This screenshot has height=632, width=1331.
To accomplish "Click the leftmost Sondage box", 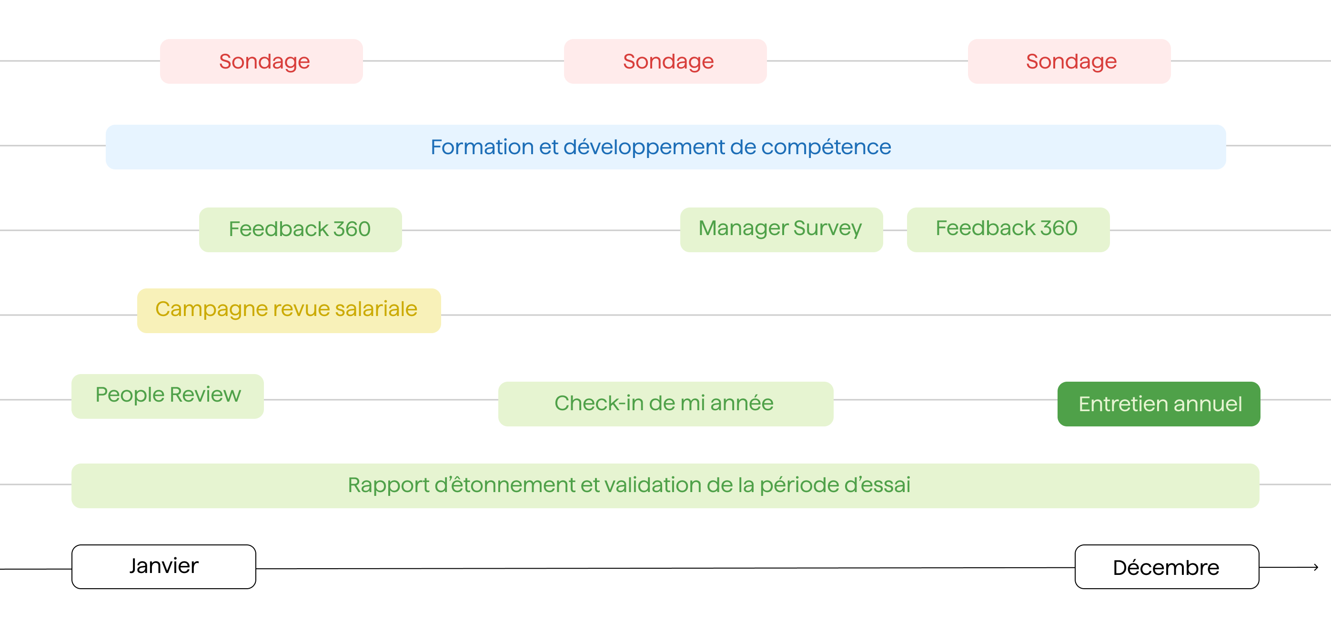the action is (262, 61).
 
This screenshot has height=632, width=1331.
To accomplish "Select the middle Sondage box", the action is (665, 61).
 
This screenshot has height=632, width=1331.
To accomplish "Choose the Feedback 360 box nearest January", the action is (300, 229).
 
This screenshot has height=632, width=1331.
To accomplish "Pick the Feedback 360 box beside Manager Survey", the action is (1008, 229).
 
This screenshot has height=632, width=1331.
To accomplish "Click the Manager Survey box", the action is (781, 229).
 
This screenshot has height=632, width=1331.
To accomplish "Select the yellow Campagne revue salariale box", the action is (288, 310).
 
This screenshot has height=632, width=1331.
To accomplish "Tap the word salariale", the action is (376, 309).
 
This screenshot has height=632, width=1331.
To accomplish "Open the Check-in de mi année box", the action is (665, 403).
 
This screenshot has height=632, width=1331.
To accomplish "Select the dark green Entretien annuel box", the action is (1159, 404).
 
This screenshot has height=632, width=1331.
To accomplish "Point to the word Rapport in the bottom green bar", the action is (389, 485).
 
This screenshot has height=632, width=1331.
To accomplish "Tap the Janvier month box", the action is (163, 566).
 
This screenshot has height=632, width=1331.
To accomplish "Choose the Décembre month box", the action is (1166, 567).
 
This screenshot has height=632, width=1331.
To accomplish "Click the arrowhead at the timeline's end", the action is (1315, 567).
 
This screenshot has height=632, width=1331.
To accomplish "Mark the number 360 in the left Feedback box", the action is (352, 229).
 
